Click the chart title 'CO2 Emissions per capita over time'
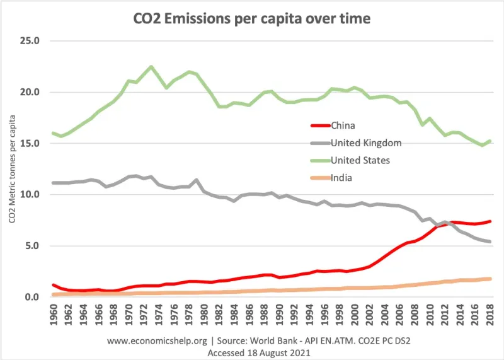[x=253, y=19]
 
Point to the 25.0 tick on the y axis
[x=29, y=41]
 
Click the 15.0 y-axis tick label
[x=29, y=143]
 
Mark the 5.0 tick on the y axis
[x=31, y=245]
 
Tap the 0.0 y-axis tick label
[x=31, y=297]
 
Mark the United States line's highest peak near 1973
[x=151, y=67]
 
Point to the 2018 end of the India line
[x=489, y=279]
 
